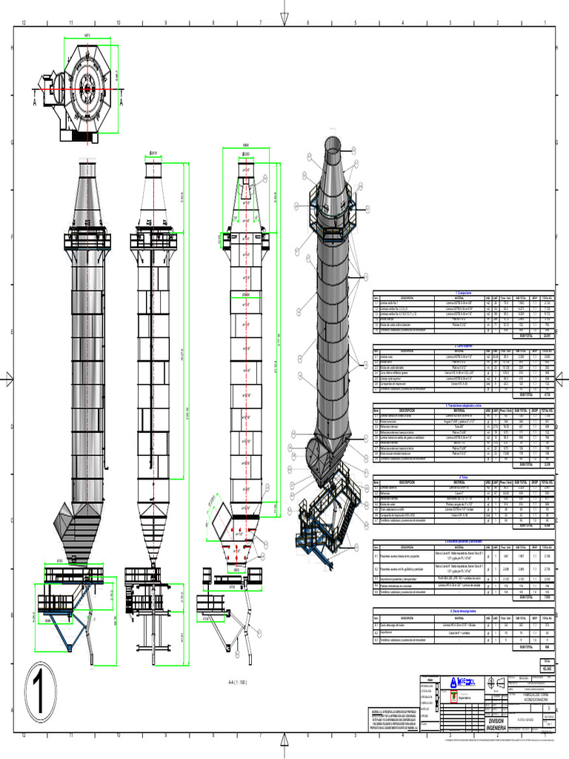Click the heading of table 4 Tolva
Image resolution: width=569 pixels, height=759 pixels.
point(463,477)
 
